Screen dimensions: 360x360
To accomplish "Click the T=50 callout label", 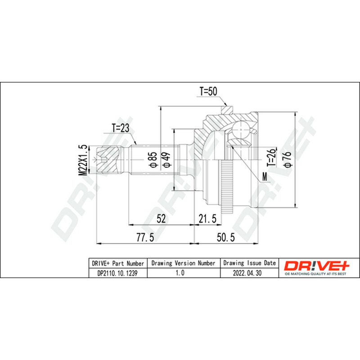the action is [208, 91].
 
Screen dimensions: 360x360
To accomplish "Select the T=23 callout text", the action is [121, 128].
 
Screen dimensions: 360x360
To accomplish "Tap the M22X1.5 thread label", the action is [83, 160].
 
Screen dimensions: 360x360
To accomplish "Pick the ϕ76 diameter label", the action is [288, 159].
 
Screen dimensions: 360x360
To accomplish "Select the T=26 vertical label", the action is [271, 157].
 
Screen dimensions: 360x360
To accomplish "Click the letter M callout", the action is [265, 177].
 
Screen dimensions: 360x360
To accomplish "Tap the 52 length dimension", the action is [161, 219].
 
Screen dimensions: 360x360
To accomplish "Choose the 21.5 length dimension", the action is [207, 219].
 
